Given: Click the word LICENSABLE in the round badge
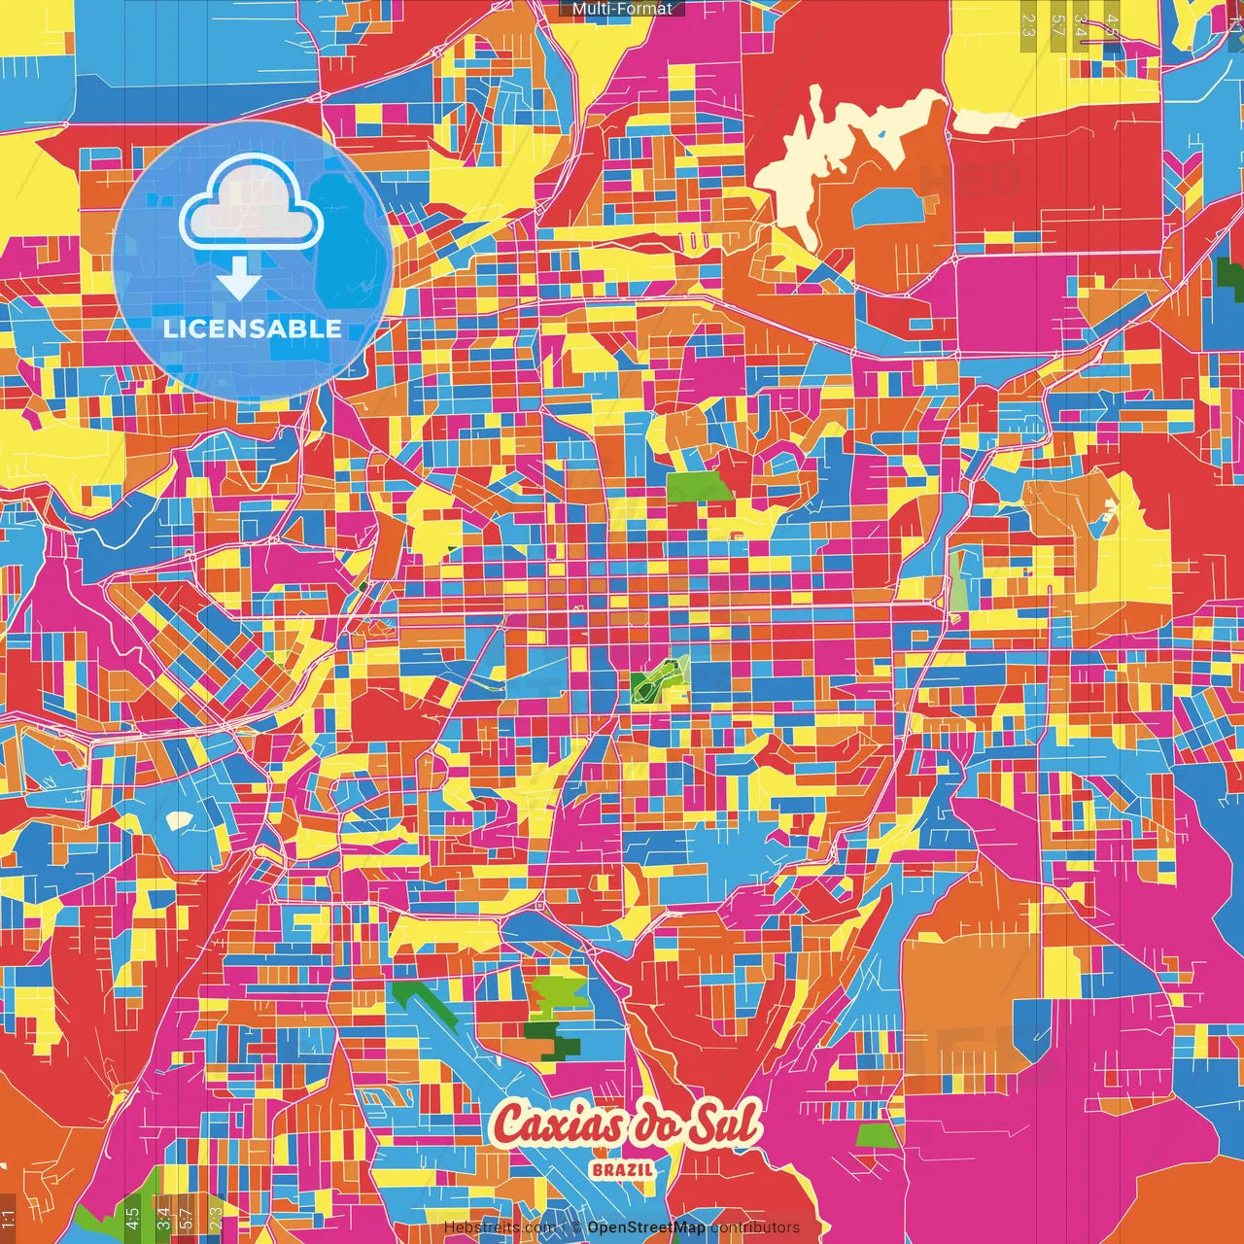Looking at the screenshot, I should [x=253, y=328].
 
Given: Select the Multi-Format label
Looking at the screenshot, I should [x=622, y=9].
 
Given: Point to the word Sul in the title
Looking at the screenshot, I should [x=724, y=1125].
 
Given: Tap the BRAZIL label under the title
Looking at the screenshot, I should [x=622, y=1169].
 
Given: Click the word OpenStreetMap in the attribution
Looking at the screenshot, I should [x=645, y=1227].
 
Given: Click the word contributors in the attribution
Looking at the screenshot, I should [x=754, y=1227].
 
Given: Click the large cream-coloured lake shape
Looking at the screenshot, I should [x=826, y=155].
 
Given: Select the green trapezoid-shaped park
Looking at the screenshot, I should [x=701, y=487].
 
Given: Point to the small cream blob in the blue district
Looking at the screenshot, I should [x=179, y=820].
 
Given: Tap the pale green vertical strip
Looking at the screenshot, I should [x=958, y=581].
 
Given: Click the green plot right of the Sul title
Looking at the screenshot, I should [x=879, y=1135].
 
